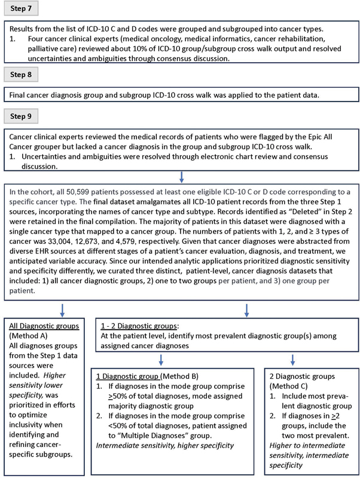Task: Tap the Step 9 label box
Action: click(25, 114)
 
